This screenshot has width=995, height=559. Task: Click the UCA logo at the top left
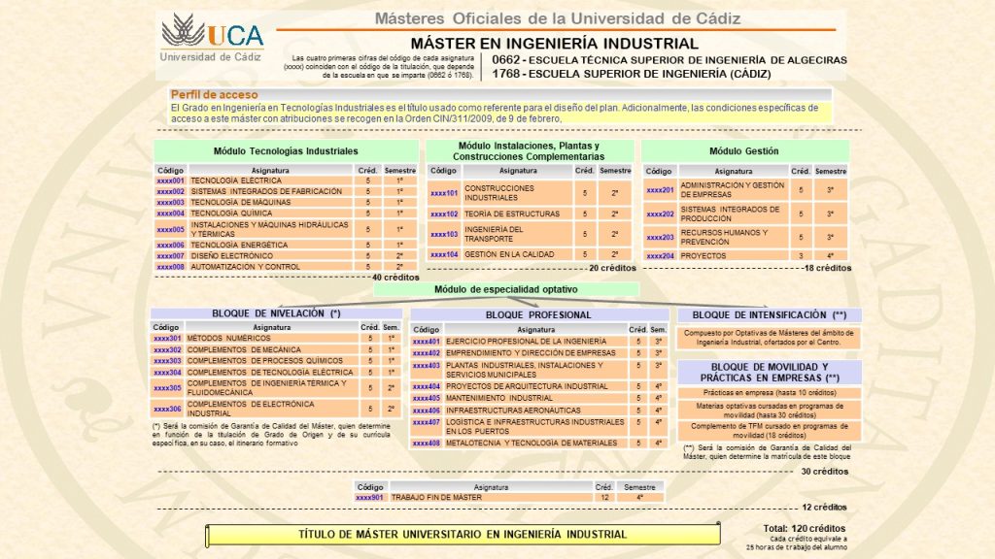212,33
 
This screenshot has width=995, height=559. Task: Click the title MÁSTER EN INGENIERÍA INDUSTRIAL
554,44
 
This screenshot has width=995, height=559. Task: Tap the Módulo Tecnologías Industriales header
286,151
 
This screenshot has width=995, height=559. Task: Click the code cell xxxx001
170,181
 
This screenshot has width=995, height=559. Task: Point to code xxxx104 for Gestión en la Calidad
444,254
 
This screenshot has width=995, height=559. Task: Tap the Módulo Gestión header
744,151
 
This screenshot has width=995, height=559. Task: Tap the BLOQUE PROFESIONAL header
537,315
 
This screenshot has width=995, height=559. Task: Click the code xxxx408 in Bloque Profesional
427,443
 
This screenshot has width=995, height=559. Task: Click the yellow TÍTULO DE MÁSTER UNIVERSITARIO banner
462,535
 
